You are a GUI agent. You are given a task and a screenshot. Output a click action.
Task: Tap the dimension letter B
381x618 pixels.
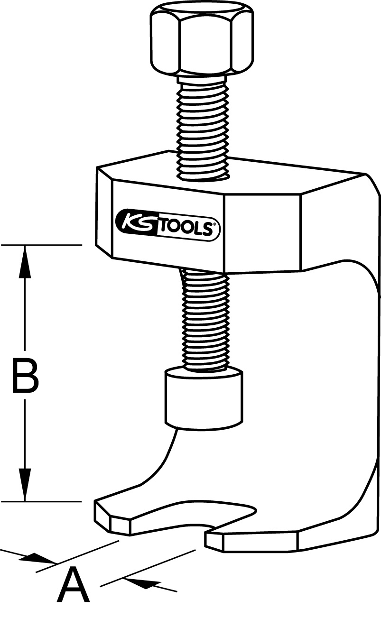click(25, 377)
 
